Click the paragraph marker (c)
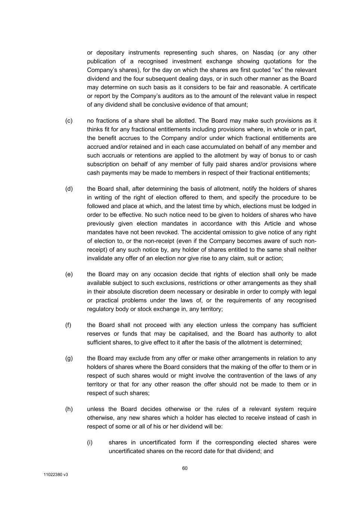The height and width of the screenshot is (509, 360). tap(69, 121)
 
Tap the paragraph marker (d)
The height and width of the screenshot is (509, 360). tap(69, 189)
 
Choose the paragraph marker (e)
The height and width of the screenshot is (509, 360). tap(69, 274)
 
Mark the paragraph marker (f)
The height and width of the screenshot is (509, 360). tap(68, 325)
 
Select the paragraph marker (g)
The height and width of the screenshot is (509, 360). tap(69, 358)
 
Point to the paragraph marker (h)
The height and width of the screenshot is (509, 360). tap(69, 409)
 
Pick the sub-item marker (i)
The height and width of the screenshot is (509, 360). tap(90, 443)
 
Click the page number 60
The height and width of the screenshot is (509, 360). tap(185, 468)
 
